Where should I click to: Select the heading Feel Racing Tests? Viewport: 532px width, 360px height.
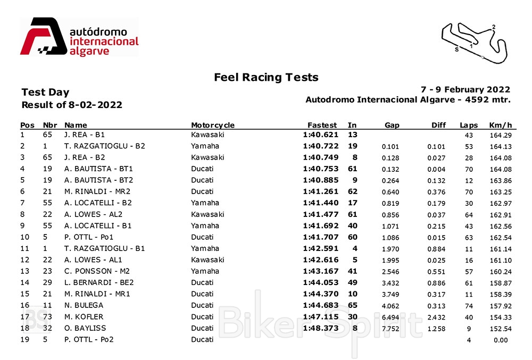266,78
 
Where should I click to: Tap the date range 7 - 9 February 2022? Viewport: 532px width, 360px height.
465,89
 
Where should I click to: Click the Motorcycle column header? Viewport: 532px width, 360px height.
213,125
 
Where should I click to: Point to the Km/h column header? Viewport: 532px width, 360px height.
500,125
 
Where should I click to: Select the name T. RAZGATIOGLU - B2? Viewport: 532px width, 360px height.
105,146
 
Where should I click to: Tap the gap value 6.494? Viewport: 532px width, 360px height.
390,317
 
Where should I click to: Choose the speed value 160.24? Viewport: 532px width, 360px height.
500,272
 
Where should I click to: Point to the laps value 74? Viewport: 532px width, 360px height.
469,306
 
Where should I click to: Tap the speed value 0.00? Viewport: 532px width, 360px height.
500,340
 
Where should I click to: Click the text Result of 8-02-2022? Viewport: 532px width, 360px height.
72,105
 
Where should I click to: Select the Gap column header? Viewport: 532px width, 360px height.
392,125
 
